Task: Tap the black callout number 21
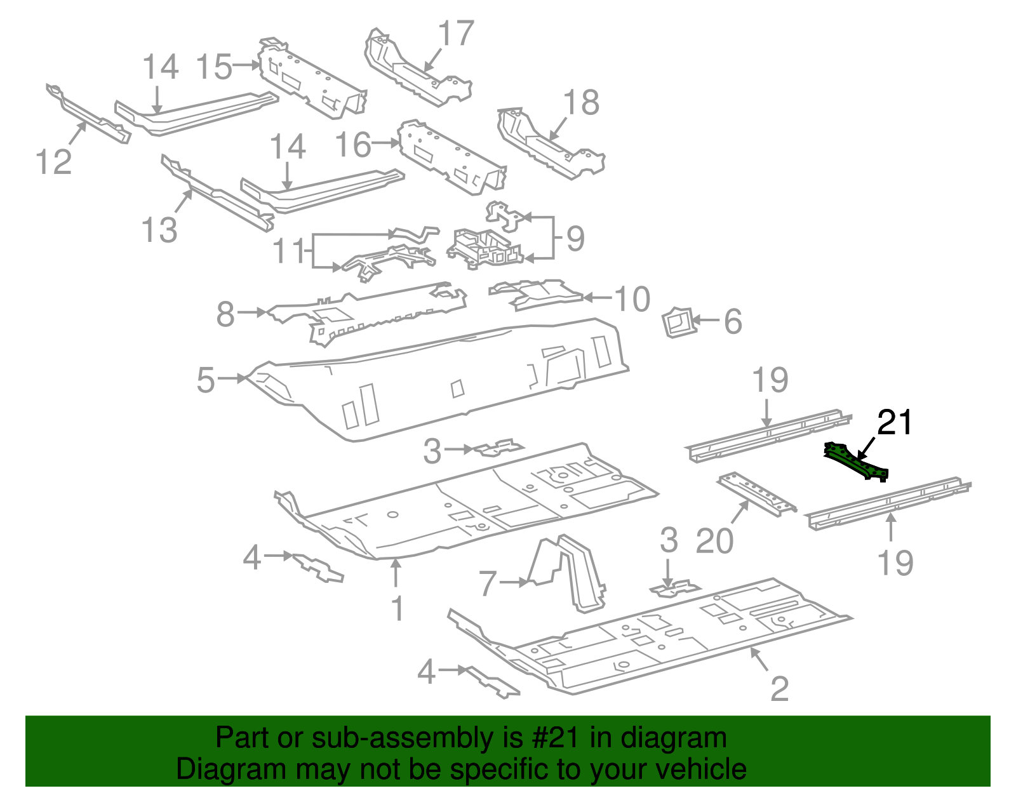coord(894,423)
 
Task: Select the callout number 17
coord(456,34)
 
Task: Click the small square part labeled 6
coord(678,323)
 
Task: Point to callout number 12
coord(54,162)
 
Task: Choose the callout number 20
coord(715,542)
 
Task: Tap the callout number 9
coord(575,239)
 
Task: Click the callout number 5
coord(206,380)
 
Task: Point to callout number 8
coord(225,314)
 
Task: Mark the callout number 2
coord(779,688)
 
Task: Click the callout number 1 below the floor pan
coord(398,608)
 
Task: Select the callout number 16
coord(353,145)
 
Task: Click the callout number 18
coord(581,102)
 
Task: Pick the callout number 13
coord(159,230)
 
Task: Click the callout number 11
coord(290,251)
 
